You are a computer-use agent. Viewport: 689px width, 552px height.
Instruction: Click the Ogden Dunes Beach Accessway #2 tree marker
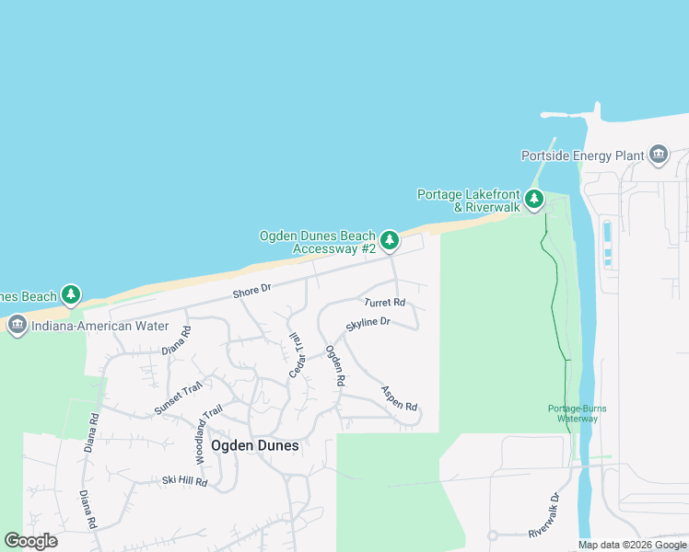390,241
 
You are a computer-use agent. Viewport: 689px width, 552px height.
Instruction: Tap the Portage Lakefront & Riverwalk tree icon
534,200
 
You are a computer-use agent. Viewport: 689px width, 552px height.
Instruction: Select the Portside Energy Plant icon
658,155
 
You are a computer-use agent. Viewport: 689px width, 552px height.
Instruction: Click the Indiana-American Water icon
17,326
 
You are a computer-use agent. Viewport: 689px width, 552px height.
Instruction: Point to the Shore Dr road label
251,290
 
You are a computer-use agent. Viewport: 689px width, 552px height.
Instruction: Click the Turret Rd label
384,302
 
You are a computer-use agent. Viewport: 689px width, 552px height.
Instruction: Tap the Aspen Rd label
399,397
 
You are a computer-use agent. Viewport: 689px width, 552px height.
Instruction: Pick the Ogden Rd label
334,365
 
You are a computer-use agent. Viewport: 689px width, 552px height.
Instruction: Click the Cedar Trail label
297,354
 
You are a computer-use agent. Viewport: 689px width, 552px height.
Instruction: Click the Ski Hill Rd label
184,481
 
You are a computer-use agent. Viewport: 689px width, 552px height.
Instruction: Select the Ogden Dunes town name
255,445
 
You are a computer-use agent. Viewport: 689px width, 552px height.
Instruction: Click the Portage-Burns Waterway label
578,413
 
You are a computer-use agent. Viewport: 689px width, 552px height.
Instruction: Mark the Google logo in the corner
30,541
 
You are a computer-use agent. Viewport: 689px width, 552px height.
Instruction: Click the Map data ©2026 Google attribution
632,545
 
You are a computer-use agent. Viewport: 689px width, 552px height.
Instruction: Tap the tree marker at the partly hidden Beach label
70,295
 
